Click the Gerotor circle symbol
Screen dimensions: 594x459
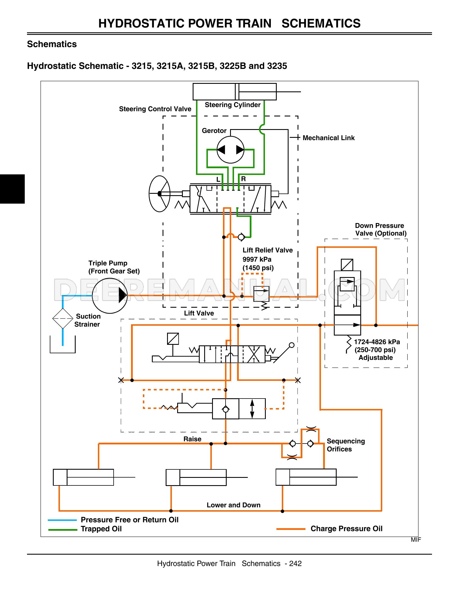(x=230, y=150)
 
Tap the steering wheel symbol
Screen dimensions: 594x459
(x=159, y=193)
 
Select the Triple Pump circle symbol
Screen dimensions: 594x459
(x=110, y=296)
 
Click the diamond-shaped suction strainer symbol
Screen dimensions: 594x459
(x=63, y=318)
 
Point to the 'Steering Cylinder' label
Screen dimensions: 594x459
(x=232, y=105)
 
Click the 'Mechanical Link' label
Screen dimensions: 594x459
(x=328, y=138)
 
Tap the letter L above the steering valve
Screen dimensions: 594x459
(x=218, y=179)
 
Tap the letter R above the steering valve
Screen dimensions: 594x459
(x=243, y=179)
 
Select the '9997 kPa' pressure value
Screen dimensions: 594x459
(x=257, y=259)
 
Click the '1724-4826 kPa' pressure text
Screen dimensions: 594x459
(x=377, y=342)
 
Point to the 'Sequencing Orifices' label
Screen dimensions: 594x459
(x=346, y=445)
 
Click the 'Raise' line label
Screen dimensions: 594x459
(x=192, y=439)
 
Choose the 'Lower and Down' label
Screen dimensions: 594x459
(x=233, y=505)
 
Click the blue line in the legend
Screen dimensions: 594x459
(x=62, y=520)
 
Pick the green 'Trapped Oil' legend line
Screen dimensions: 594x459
(x=62, y=530)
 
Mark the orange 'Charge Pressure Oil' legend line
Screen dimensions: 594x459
(x=291, y=529)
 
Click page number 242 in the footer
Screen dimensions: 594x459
(x=295, y=564)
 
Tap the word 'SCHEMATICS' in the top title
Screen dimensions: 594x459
(x=321, y=23)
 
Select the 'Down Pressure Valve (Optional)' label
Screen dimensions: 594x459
(x=380, y=229)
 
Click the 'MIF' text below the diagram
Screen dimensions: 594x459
(x=416, y=540)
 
